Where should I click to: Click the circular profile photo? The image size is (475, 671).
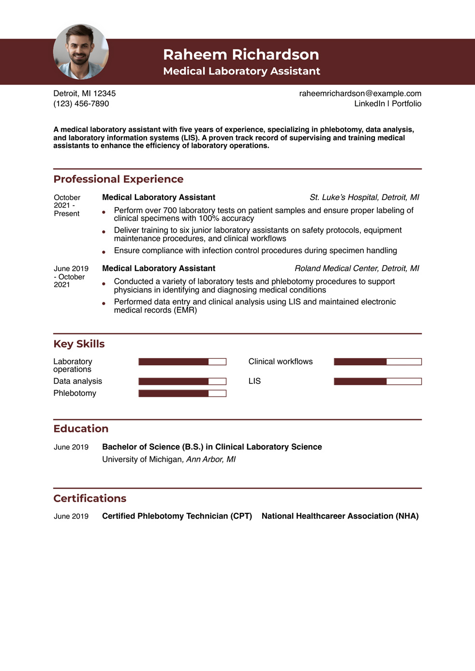[x=81, y=52]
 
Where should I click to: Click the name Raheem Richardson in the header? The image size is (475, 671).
[x=241, y=54]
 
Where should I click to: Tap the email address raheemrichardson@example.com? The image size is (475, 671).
[x=360, y=93]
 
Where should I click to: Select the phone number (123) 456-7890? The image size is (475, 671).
[x=81, y=103]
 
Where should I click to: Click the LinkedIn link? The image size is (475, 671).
[x=370, y=103]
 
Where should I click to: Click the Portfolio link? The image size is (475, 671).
[x=406, y=103]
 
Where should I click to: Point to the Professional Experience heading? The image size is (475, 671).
[x=119, y=179]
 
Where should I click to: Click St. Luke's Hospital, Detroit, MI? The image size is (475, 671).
[x=364, y=197]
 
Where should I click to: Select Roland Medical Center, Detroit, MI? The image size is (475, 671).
[x=356, y=268]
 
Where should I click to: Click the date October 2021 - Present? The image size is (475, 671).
[x=67, y=205]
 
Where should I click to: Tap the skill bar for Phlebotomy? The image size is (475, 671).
[x=182, y=394]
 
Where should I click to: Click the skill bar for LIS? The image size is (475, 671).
[x=377, y=381]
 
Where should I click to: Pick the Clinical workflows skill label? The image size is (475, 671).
[x=281, y=362]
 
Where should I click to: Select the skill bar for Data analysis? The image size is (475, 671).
[x=182, y=381]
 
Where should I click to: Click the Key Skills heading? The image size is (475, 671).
[x=79, y=344]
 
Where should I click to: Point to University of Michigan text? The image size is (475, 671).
[x=142, y=459]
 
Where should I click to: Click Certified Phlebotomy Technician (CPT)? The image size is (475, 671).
[x=177, y=516]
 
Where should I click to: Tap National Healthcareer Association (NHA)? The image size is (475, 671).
[x=340, y=516]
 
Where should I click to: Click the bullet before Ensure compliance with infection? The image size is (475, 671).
[x=104, y=251]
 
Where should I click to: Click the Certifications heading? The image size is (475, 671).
[x=90, y=498]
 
